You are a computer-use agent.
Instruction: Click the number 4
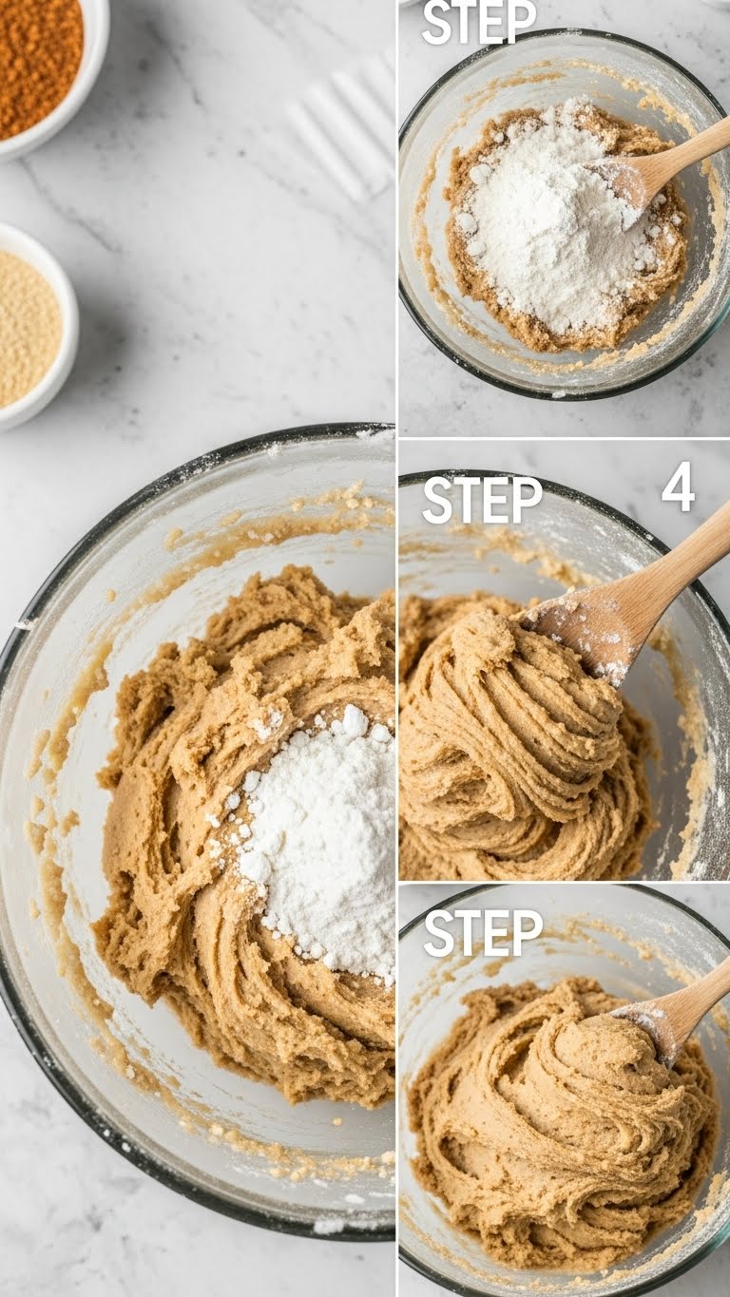point(678,487)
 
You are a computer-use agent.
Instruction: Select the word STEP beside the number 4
point(482,501)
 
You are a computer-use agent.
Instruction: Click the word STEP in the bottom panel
point(482,933)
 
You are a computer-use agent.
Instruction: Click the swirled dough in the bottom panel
point(551,1112)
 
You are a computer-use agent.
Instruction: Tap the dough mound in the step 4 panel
point(513,751)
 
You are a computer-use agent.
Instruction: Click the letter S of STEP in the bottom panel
point(438,933)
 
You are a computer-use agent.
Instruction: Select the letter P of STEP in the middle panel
point(528,501)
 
